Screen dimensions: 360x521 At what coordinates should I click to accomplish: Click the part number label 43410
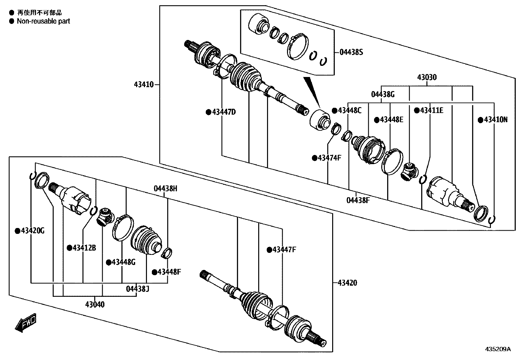coord(143,85)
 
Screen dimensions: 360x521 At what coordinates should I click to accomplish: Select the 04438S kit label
coord(351,52)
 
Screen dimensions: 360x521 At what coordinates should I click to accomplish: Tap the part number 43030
coord(427,78)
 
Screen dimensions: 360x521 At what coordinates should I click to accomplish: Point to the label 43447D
coord(224,112)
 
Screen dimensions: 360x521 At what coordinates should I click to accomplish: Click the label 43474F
coord(330,158)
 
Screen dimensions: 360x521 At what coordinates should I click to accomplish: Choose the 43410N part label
coord(495,120)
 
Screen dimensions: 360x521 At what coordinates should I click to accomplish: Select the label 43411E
coord(431,110)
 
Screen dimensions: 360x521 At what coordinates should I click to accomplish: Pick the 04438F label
coord(358,200)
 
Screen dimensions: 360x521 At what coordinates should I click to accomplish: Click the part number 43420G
coord(32,231)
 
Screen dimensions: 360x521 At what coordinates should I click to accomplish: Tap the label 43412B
coord(84,248)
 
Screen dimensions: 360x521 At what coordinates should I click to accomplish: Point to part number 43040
coord(95,304)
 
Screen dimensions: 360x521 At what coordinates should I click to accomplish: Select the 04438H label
coord(166,189)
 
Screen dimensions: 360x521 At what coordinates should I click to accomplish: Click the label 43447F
coord(284,250)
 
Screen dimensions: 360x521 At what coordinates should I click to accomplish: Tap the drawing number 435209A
coord(497,349)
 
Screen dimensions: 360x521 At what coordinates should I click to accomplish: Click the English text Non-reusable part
coord(44,21)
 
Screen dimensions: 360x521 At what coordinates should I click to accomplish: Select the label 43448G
coord(123,262)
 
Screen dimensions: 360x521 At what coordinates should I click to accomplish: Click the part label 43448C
coord(350,110)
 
